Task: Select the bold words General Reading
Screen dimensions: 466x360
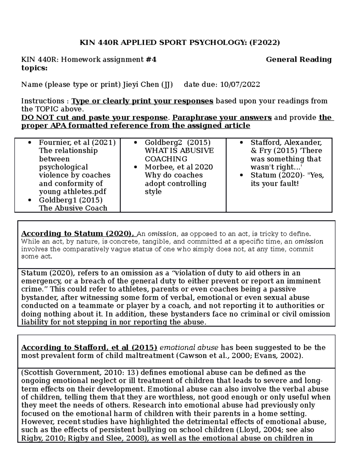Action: [x=298, y=59]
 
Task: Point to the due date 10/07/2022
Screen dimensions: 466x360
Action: [x=240, y=85]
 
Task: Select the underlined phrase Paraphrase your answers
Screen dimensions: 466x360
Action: [x=222, y=117]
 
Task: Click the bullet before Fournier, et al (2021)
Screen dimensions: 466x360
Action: [x=29, y=143]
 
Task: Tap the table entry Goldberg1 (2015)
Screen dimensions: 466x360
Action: [x=70, y=200]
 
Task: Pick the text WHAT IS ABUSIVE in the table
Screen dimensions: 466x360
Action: [x=179, y=151]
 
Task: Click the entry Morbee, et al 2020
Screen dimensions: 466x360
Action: [x=179, y=167]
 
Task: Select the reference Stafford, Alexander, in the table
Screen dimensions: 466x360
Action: [x=286, y=143]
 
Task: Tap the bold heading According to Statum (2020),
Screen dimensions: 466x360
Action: [x=79, y=233]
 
